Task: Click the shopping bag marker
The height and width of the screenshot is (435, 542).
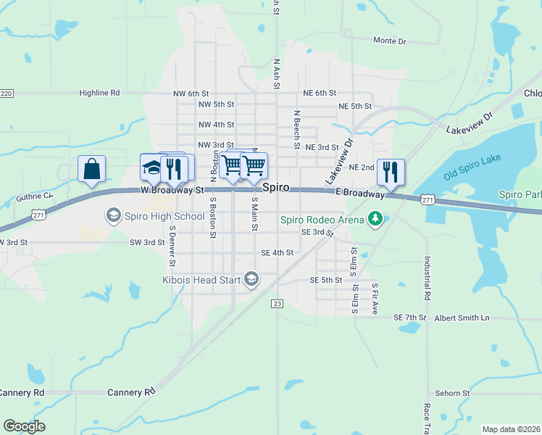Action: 91,169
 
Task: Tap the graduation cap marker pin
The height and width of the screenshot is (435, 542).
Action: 152,168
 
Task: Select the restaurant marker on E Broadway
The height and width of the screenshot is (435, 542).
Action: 391,172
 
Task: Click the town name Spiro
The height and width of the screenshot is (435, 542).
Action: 276,187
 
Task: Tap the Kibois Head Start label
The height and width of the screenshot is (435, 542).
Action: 202,279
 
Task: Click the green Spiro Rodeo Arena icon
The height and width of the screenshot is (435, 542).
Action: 375,217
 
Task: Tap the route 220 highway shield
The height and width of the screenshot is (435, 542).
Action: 7,94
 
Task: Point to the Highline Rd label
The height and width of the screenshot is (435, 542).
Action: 99,93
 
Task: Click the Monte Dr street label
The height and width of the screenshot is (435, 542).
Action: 389,41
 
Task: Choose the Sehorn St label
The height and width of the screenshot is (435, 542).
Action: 453,393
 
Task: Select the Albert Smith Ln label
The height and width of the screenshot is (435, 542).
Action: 462,318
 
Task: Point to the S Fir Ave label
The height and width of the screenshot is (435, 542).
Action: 375,297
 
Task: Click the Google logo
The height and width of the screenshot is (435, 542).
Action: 24,426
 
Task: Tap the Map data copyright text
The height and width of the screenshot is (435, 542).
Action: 510,429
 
